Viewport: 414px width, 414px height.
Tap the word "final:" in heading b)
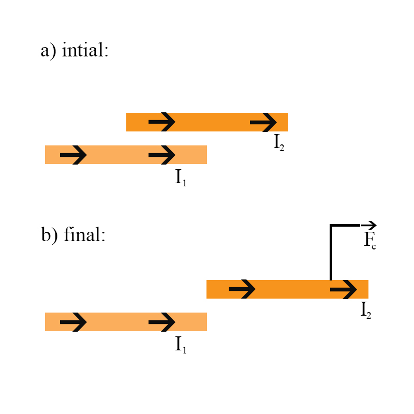coord(85,235)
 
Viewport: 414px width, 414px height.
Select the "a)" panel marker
coord(49,51)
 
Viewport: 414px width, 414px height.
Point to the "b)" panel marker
coord(50,235)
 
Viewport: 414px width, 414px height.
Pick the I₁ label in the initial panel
coord(181,178)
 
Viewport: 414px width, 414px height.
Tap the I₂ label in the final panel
coord(366,309)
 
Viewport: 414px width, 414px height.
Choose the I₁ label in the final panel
coord(181,345)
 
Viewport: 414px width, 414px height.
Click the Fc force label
coord(369,241)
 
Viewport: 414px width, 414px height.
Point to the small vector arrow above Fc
coord(369,225)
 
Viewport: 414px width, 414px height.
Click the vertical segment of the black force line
coord(331,254)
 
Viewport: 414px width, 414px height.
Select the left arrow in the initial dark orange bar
coord(162,122)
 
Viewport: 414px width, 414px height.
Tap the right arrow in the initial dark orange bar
coord(263,122)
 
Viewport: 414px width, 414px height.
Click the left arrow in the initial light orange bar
coord(73,155)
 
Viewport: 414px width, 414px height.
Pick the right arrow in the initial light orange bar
coord(162,155)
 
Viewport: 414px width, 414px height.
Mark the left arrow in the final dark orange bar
coord(242,289)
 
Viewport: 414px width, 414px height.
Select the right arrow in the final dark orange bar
coord(344,289)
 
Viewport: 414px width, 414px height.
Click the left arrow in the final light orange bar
coord(73,322)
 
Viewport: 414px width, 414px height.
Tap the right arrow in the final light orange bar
coord(162,322)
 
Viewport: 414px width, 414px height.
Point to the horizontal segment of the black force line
coord(346,225)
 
